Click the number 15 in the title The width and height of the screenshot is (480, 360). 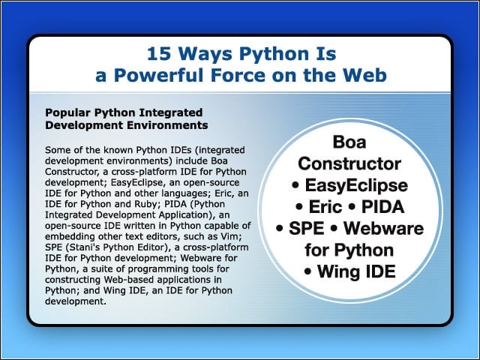[159, 54]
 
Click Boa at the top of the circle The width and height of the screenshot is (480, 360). [349, 142]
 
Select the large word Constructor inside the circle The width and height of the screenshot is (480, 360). [349, 163]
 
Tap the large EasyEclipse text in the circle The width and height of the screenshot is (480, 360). [356, 185]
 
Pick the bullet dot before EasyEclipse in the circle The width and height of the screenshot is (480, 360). [295, 186]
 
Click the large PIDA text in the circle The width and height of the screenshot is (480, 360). [382, 207]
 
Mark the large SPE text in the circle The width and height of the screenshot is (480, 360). [307, 228]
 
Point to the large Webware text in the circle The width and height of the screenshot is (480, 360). [383, 228]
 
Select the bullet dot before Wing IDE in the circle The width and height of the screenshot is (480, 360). [307, 271]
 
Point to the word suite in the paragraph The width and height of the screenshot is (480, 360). [93, 269]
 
